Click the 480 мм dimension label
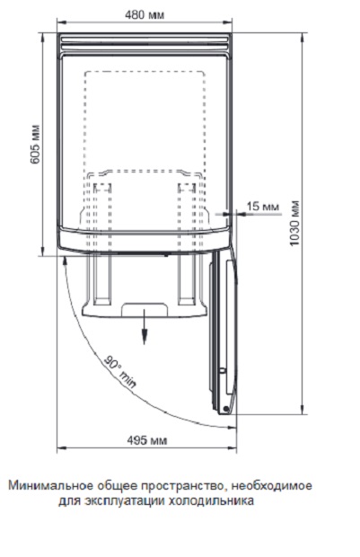[x=145, y=15]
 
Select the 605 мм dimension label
[x=35, y=145]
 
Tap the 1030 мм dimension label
[x=294, y=224]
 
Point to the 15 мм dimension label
[x=263, y=206]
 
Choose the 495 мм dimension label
[x=147, y=440]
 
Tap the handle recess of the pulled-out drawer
[x=145, y=310]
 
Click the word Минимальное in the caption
[x=48, y=486]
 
